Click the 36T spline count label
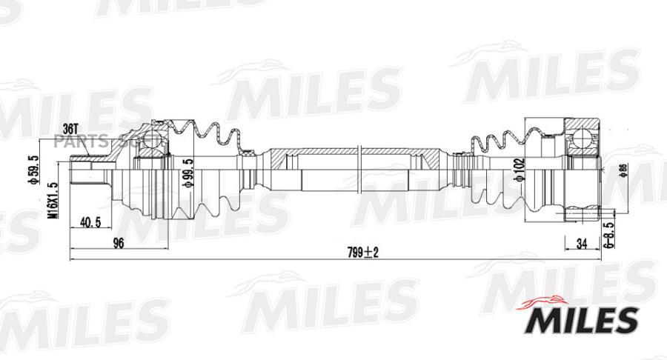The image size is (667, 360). coord(71,129)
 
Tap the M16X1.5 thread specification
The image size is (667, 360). coord(52,202)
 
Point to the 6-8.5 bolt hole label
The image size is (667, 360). coord(608,230)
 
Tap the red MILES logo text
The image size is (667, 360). coord(581,319)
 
